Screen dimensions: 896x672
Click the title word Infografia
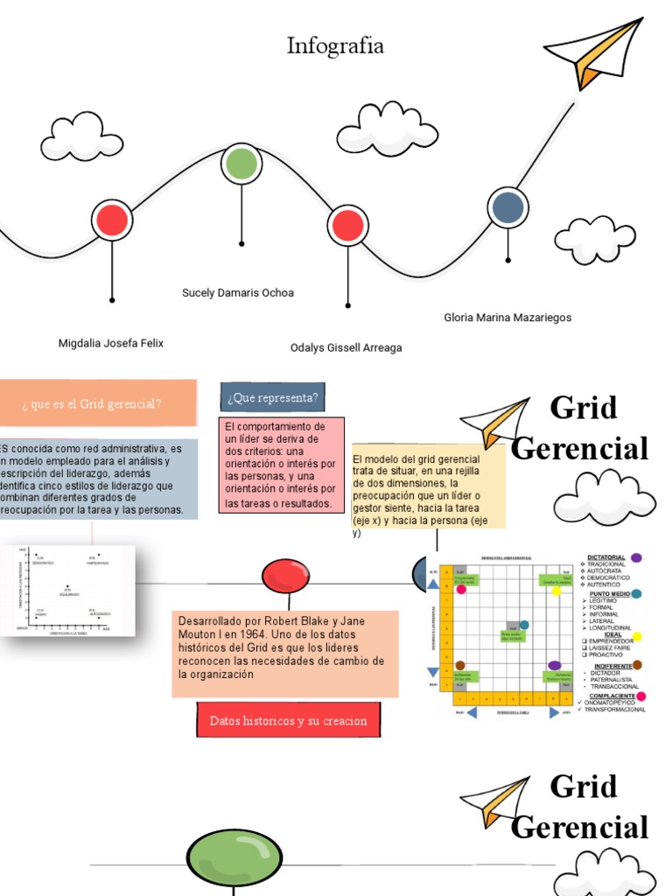click(335, 45)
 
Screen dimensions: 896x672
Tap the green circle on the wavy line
click(241, 164)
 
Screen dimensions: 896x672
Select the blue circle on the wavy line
click(507, 207)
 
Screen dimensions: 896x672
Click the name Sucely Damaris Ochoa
click(238, 293)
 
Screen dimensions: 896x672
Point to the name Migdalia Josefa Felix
click(111, 343)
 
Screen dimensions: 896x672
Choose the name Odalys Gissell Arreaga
click(346, 347)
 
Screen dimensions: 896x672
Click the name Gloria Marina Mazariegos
click(507, 318)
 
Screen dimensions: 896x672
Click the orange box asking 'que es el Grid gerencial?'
click(93, 403)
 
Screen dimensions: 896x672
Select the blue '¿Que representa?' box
click(273, 398)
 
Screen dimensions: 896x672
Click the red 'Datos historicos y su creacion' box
click(288, 721)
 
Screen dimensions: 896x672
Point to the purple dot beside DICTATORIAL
click(636, 557)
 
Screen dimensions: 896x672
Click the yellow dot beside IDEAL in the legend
click(636, 636)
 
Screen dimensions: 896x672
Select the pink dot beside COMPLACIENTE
click(641, 696)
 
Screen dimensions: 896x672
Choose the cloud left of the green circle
click(81, 136)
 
